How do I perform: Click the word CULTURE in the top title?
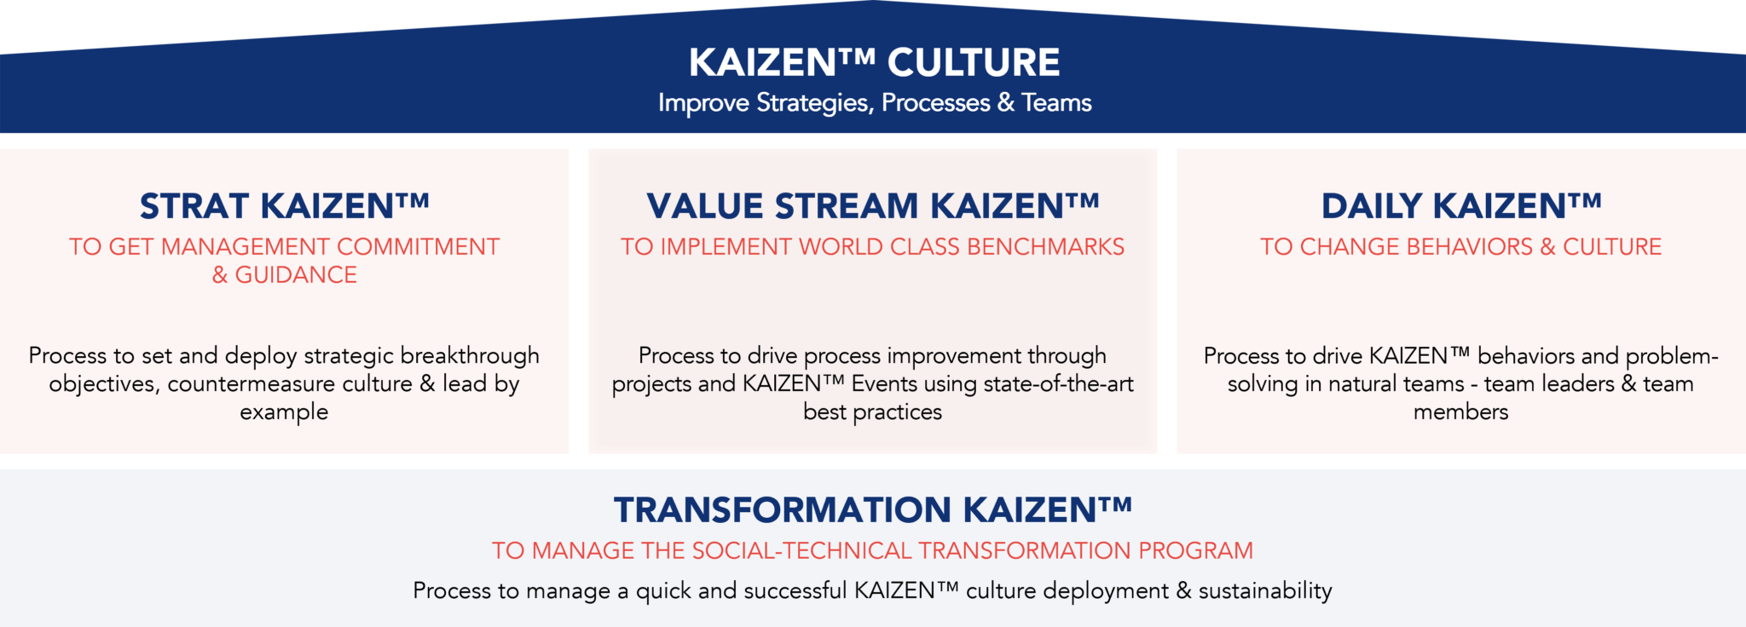point(974,63)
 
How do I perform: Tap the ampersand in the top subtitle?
point(1006,103)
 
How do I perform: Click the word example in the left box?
point(284,412)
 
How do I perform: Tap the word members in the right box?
point(1460,412)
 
